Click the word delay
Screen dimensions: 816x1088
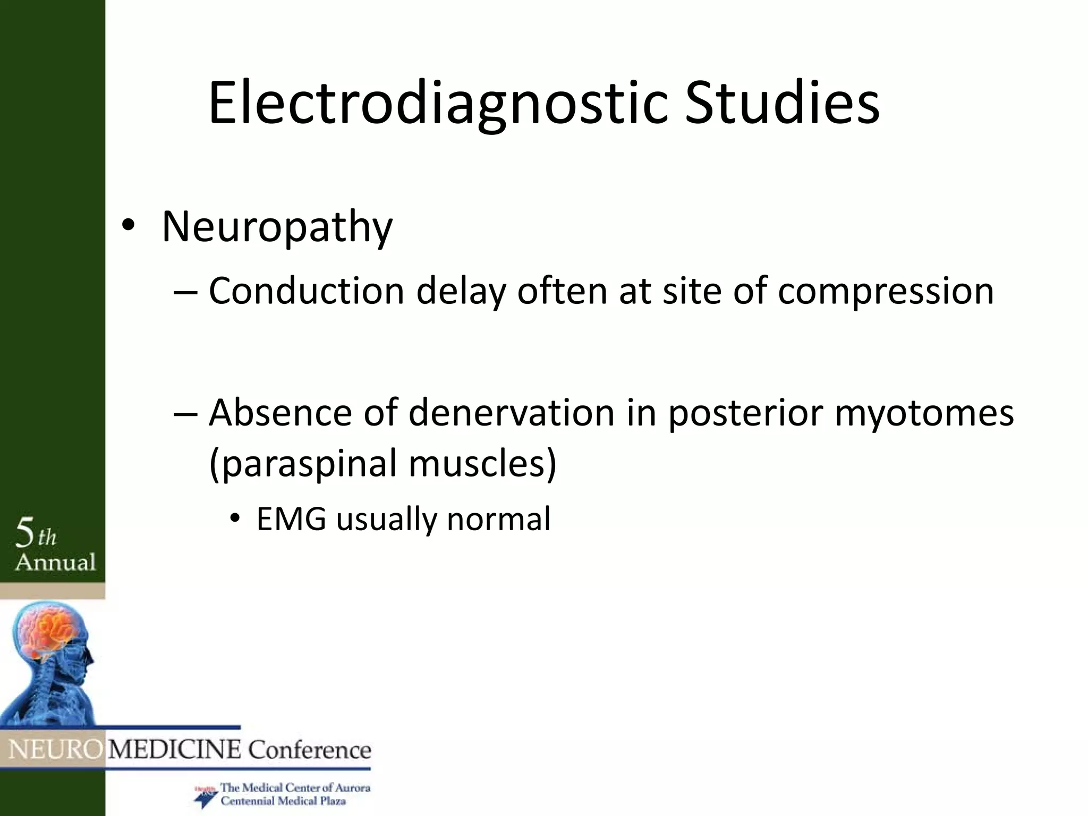[460, 292]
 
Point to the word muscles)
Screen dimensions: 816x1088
[482, 463]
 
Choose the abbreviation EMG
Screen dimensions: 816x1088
[291, 519]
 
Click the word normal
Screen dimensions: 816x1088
[498, 519]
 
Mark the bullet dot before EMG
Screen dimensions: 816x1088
[235, 519]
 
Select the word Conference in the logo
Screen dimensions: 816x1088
[310, 750]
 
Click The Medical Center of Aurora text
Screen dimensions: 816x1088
[295, 788]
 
